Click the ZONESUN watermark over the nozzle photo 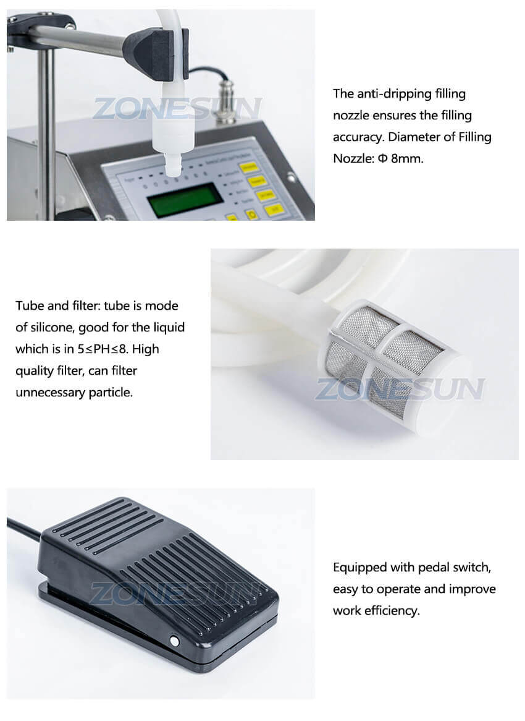177,108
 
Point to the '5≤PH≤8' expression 104,349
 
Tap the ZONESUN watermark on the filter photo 400,389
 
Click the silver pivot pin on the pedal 174,642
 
